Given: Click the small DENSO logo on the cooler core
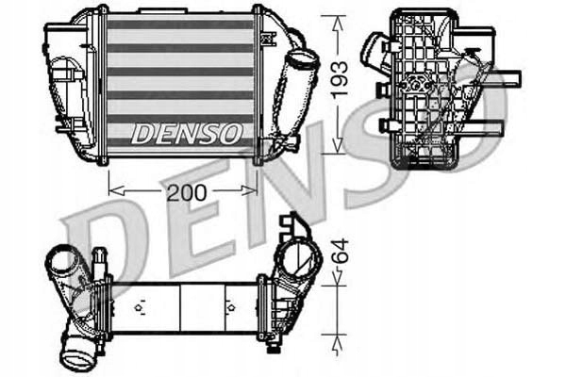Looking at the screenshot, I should click(x=185, y=134).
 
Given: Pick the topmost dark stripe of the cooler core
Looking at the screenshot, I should click(x=179, y=25).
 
